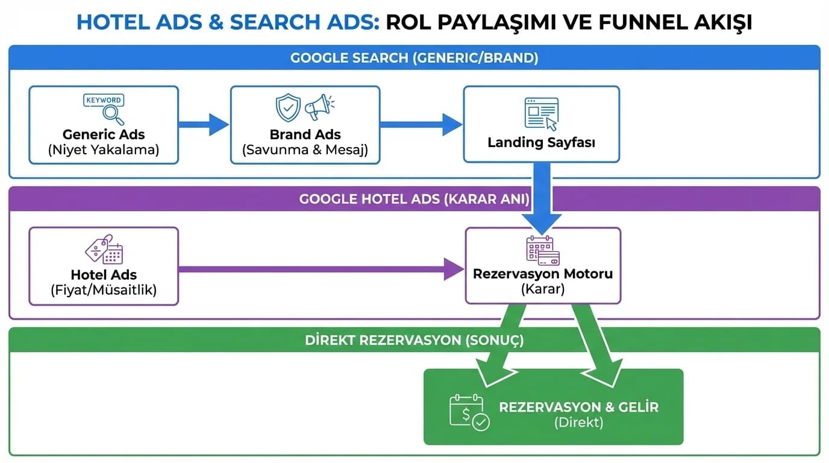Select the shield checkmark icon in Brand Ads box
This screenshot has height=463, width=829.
(x=288, y=108)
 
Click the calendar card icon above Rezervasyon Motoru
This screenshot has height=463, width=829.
(x=543, y=250)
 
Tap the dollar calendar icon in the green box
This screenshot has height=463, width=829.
(x=469, y=412)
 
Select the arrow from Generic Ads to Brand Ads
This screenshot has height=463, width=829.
(x=204, y=124)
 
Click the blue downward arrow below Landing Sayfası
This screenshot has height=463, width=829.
(x=542, y=199)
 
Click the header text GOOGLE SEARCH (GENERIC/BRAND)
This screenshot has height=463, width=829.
(x=414, y=58)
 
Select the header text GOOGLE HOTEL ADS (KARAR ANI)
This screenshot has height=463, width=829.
(x=414, y=199)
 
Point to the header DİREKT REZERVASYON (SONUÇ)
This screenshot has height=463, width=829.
(x=414, y=340)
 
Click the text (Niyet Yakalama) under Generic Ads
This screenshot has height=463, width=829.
(x=104, y=150)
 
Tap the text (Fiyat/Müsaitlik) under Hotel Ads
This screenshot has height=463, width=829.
(x=104, y=290)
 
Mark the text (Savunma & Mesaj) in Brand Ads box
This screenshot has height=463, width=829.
(x=305, y=150)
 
